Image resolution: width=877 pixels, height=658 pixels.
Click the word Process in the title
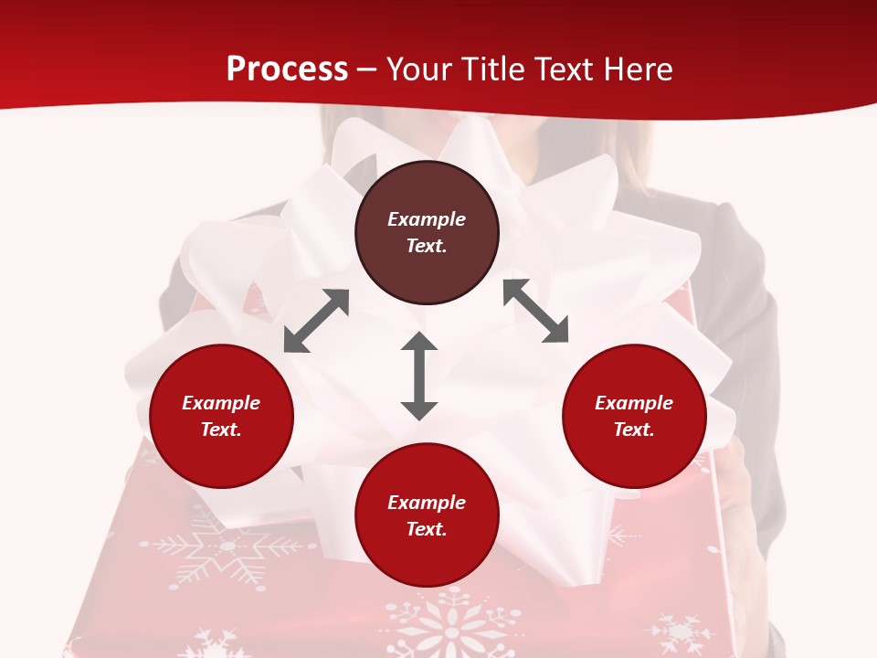tap(287, 69)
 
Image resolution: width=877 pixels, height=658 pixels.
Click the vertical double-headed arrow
tap(419, 376)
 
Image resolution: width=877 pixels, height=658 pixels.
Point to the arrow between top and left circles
tap(316, 321)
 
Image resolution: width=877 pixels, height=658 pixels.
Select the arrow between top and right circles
tap(535, 311)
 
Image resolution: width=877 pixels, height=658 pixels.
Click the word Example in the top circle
tap(427, 219)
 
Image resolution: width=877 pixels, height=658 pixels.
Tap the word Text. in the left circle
tap(221, 430)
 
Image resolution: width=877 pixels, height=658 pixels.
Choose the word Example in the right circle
tap(634, 403)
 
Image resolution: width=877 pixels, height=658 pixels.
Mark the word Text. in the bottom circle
tap(427, 529)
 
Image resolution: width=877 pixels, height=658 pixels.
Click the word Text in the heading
tap(563, 69)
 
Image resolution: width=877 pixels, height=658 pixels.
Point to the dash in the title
tap(367, 69)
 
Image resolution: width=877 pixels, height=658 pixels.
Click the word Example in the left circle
tap(221, 403)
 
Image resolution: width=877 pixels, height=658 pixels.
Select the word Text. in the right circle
tap(634, 430)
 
